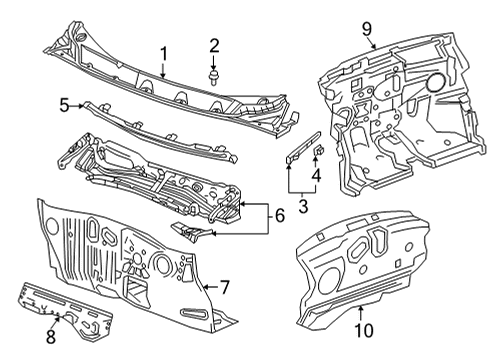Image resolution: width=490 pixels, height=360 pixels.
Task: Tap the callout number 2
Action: (x=213, y=44)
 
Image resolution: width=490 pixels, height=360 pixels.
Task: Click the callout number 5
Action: (x=62, y=103)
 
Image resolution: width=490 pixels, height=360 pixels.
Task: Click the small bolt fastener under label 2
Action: (x=213, y=75)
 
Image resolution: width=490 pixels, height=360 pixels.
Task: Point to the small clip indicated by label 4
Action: (x=318, y=151)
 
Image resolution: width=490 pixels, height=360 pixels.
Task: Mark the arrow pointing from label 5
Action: (x=80, y=103)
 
